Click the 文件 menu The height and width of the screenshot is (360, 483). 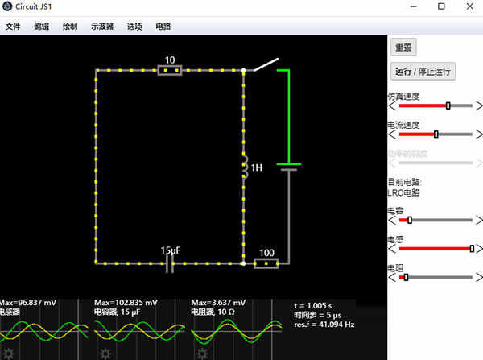13,26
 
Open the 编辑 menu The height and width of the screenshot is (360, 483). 41,26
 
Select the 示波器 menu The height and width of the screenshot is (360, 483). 102,26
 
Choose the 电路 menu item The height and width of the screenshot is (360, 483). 163,26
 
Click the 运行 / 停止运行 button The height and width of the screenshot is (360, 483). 424,71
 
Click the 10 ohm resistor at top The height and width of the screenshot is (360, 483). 169,70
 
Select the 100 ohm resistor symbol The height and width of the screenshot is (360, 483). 266,263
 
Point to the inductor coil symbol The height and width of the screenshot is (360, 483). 244,168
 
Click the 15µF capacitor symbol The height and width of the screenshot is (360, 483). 170,263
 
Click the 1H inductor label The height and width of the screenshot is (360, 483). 257,168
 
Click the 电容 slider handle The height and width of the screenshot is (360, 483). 410,219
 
